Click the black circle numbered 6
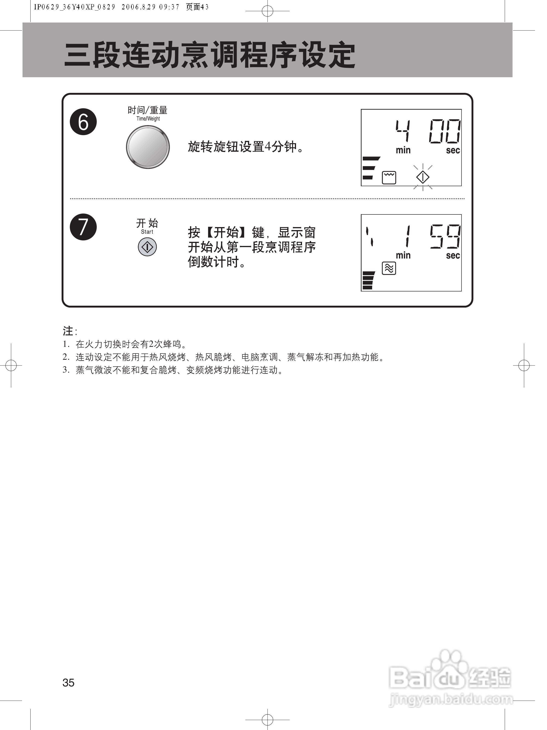point(83,122)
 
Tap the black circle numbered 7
point(83,227)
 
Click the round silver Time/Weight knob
point(148,147)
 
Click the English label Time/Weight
point(148,119)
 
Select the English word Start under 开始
point(147,232)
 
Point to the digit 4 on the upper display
point(403,131)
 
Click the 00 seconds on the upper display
point(444,131)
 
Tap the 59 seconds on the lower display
point(445,236)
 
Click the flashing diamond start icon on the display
point(423,177)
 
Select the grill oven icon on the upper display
point(389,177)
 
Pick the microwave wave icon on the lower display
point(389,268)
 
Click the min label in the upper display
point(403,150)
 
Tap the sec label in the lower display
point(453,255)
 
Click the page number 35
point(68,682)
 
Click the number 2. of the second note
point(66,357)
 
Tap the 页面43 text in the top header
point(197,7)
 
